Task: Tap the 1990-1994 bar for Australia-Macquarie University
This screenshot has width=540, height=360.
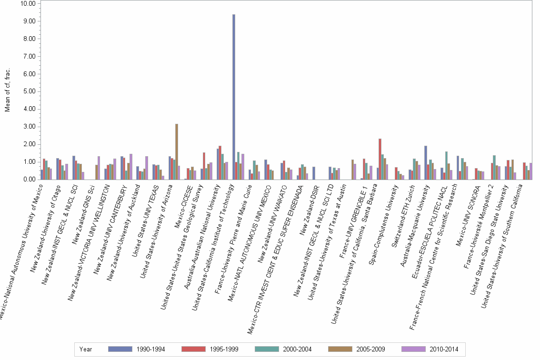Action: point(426,162)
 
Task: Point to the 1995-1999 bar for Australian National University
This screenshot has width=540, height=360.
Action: point(220,162)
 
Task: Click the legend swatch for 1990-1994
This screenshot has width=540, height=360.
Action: point(120,349)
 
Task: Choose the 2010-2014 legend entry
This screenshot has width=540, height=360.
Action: point(430,349)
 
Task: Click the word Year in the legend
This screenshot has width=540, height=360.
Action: point(86,349)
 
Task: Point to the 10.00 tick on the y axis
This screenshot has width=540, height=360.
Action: point(29,4)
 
